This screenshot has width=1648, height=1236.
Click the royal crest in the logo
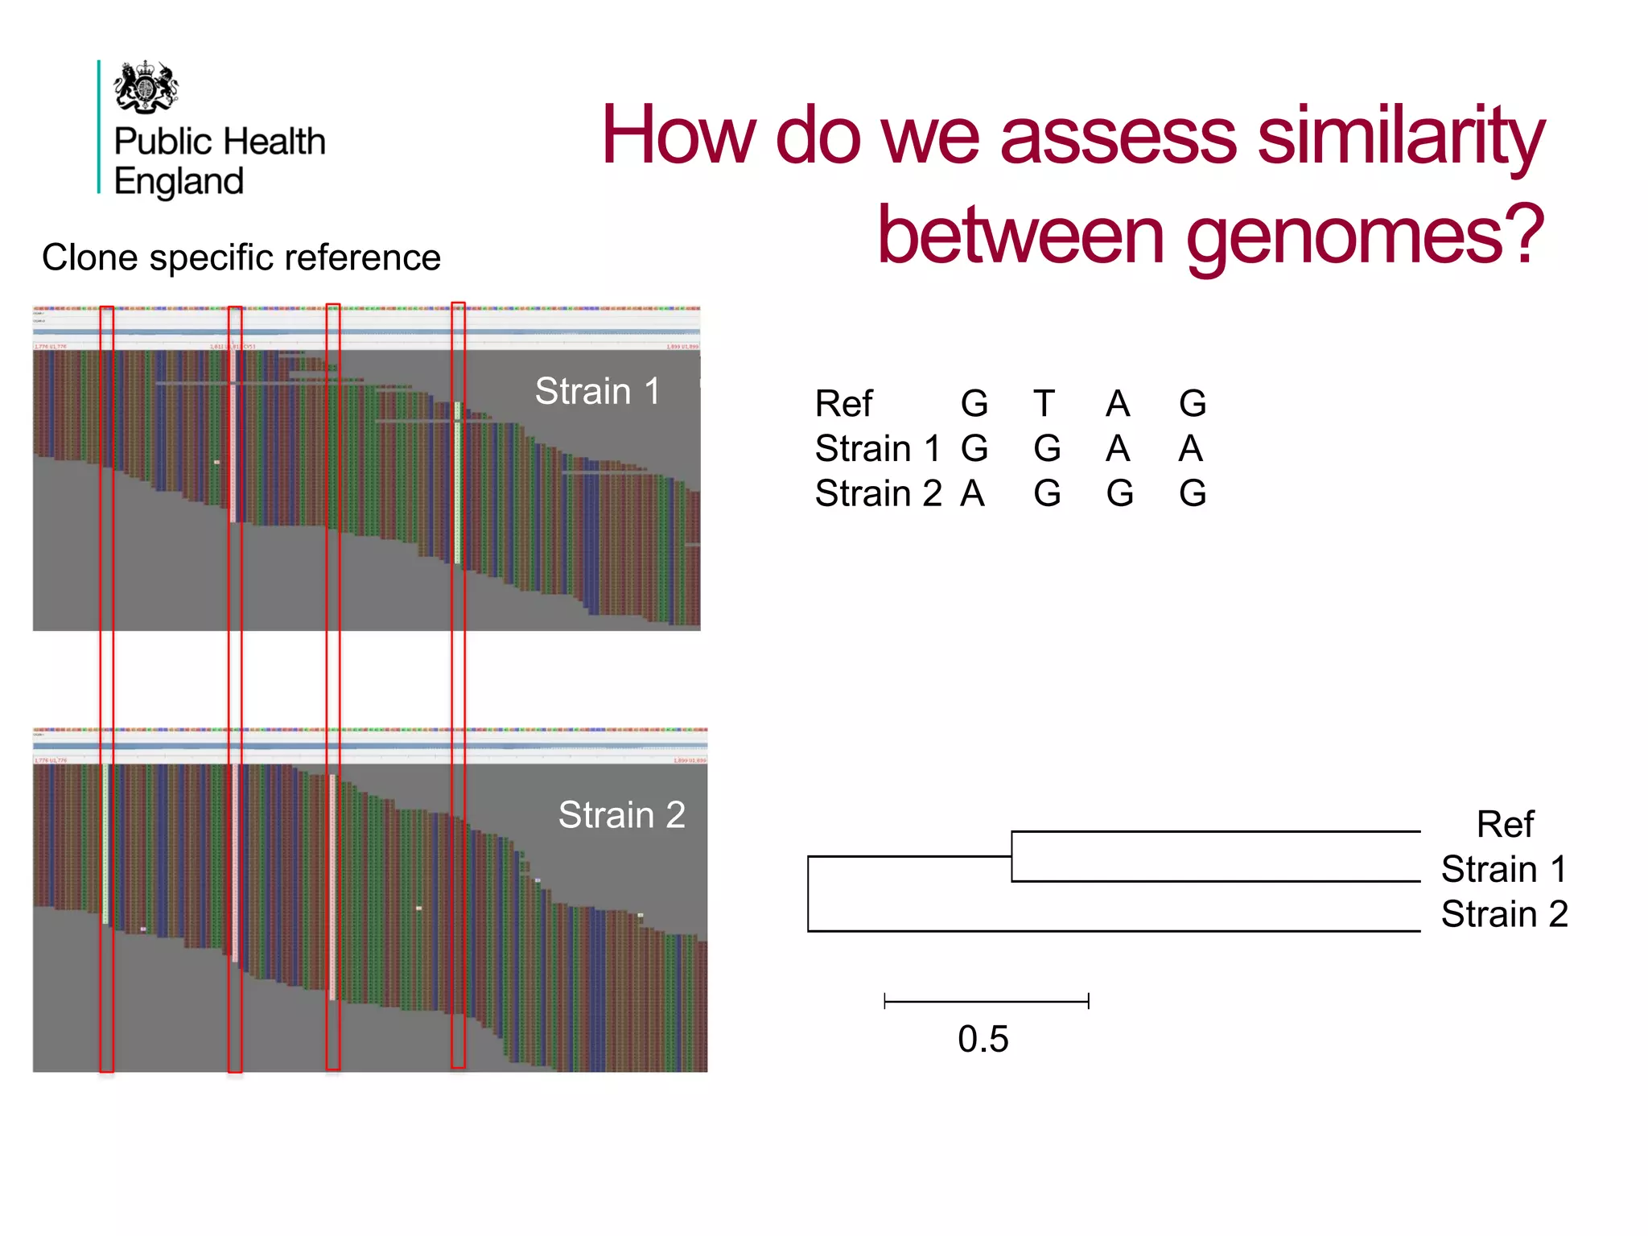pyautogui.click(x=146, y=87)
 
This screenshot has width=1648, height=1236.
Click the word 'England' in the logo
pyautogui.click(x=179, y=182)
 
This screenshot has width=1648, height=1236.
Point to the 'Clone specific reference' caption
pyautogui.click(x=241, y=258)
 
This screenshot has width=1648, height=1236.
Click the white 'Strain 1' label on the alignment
pyautogui.click(x=597, y=392)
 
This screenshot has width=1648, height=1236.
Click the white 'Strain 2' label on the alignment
pyautogui.click(x=621, y=815)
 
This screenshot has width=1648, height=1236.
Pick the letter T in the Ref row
pyautogui.click(x=1044, y=404)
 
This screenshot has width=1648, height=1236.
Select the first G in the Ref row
pyautogui.click(x=974, y=404)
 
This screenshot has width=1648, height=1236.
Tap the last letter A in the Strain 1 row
pyautogui.click(x=1191, y=449)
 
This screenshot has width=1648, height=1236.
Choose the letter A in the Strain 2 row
pyautogui.click(x=973, y=494)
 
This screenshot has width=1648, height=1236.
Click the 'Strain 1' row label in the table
pyautogui.click(x=877, y=449)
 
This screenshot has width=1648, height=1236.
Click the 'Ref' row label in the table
pyautogui.click(x=843, y=404)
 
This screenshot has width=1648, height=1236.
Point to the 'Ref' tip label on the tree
pyautogui.click(x=1505, y=825)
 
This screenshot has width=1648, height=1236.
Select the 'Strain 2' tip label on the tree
pyautogui.click(x=1504, y=915)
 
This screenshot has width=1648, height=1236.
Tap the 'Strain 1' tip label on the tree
pyautogui.click(x=1504, y=870)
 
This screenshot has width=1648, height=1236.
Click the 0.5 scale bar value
pyautogui.click(x=983, y=1040)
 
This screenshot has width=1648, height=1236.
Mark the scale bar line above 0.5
pyautogui.click(x=986, y=1001)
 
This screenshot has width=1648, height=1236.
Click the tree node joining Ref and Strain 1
pyautogui.click(x=1011, y=856)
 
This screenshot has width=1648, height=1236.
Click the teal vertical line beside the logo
pyautogui.click(x=99, y=127)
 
